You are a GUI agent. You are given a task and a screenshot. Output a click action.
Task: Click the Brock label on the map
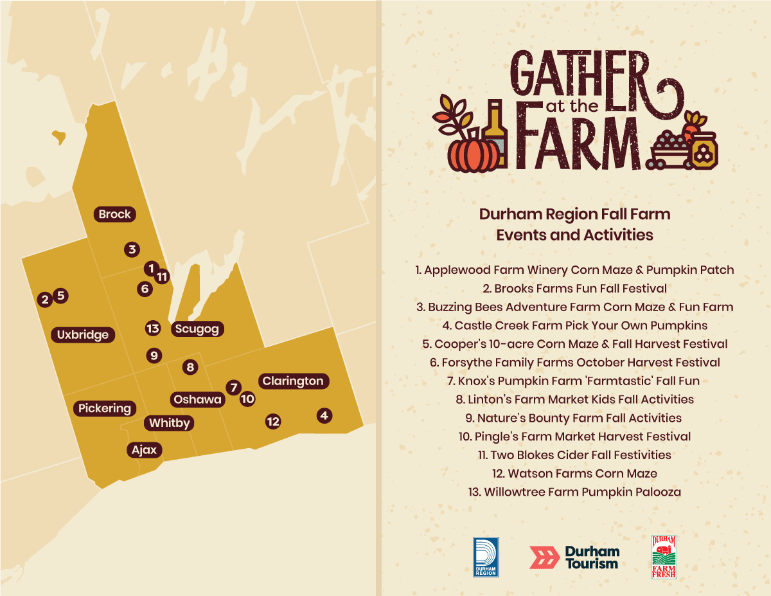coord(115,214)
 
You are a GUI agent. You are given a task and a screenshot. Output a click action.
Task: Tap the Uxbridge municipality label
coord(83,335)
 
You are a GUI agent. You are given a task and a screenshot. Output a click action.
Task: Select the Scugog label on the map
coord(197,329)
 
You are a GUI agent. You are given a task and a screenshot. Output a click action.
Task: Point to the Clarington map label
coord(293,381)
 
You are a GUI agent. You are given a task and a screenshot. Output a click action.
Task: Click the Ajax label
coord(144,450)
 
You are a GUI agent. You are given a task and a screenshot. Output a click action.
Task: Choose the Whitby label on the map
coord(170,423)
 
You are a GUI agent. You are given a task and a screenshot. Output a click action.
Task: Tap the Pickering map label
coord(105,408)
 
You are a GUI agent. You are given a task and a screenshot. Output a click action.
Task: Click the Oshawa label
coord(197,399)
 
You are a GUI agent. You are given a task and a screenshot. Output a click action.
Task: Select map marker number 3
coord(132,249)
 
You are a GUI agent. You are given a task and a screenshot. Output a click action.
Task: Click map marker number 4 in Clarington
coord(324,415)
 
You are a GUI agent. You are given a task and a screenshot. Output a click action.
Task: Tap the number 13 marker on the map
coord(152,329)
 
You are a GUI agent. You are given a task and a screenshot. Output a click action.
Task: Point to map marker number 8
coord(190,367)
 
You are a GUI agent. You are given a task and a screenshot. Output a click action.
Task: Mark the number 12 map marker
coord(273,422)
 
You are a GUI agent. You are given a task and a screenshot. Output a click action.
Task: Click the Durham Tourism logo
coord(574,557)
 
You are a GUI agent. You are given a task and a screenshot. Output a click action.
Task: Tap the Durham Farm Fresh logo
coord(664,557)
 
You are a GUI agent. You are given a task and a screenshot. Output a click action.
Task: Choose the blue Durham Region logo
coord(486,557)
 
